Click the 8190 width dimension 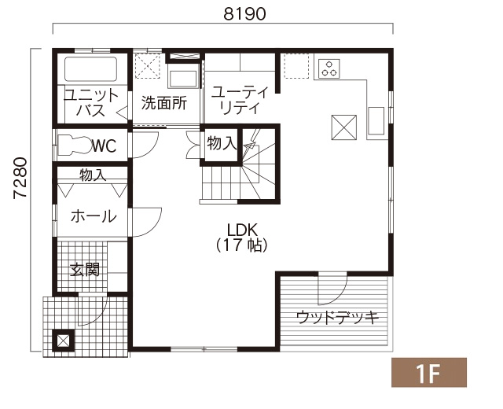(x=244, y=14)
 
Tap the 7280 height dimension (x=20, y=179)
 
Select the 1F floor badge (x=429, y=372)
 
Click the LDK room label (x=242, y=230)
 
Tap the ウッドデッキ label (x=337, y=318)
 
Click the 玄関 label (x=85, y=270)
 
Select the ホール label (x=94, y=216)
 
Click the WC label (x=105, y=146)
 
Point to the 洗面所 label (x=164, y=103)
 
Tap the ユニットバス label (x=91, y=103)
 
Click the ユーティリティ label (x=240, y=101)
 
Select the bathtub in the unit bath (x=90, y=69)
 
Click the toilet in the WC (x=75, y=145)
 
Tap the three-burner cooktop (x=329, y=68)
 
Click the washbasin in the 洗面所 (x=183, y=78)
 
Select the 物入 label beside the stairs (x=222, y=143)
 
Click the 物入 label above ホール (x=93, y=175)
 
